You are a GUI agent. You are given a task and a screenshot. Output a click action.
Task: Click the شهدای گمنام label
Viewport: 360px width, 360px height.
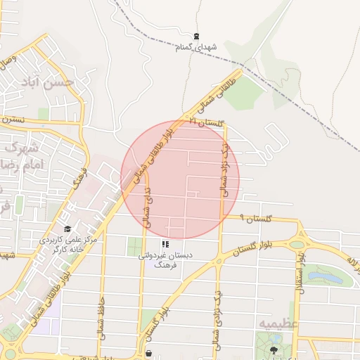point(198,46)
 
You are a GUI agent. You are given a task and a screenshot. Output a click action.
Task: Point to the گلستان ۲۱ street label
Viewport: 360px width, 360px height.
point(205,123)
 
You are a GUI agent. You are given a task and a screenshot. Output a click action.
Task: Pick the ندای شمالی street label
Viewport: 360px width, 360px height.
point(146,198)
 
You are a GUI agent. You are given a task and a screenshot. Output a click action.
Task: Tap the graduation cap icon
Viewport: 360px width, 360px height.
point(67,229)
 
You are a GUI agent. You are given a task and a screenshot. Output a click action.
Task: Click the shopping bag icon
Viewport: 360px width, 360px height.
point(148,354)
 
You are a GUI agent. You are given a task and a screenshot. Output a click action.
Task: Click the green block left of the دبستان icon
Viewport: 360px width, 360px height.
point(135,247)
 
